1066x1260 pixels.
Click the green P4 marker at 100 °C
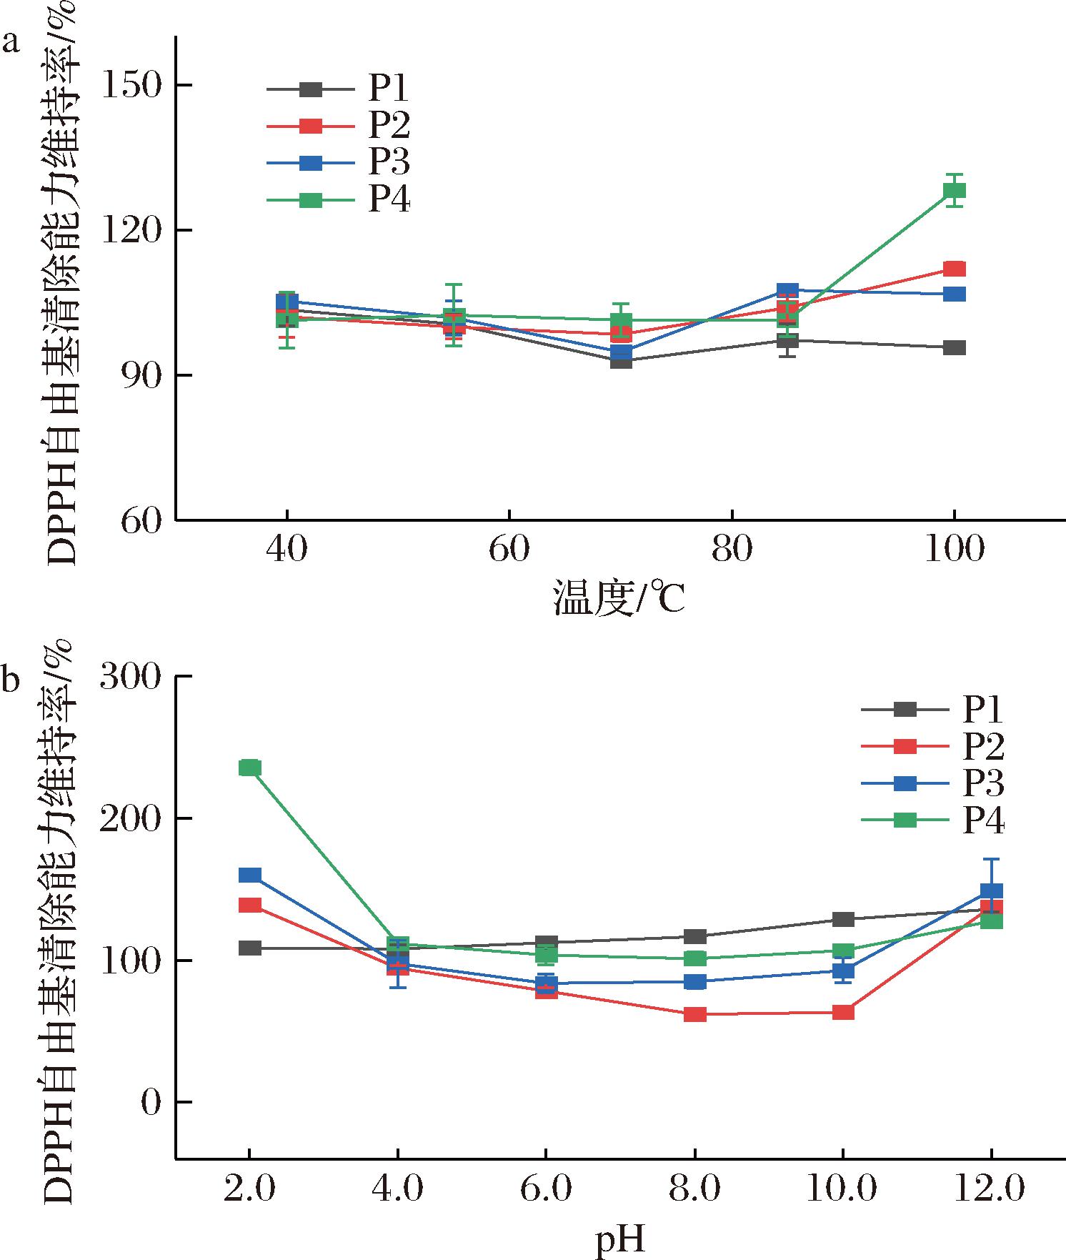[954, 191]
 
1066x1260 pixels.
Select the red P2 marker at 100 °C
[954, 269]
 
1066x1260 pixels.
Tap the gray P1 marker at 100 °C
[954, 348]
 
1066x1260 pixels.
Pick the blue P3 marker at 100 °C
[954, 294]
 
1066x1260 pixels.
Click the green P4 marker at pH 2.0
[249, 768]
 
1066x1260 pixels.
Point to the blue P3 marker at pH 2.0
[249, 875]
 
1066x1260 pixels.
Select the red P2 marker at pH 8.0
[694, 1014]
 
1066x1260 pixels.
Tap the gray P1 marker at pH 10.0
[843, 919]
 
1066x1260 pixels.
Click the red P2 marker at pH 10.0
[843, 1012]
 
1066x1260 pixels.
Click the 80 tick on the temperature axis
[732, 550]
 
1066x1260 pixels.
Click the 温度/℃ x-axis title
[619, 599]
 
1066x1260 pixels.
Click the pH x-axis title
[619, 1241]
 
